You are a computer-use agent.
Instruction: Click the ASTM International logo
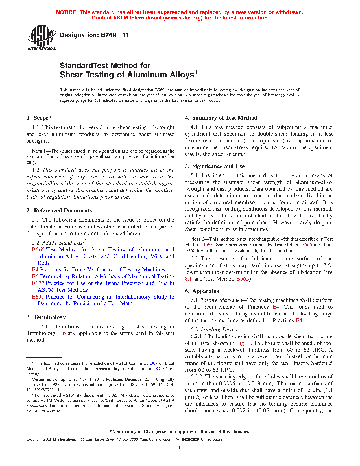pyautogui.click(x=42, y=38)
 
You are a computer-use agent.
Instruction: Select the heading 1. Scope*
pyautogui.click(x=39, y=118)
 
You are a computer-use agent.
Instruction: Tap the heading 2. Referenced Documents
pyautogui.click(x=59, y=211)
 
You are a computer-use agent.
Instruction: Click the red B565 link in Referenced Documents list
pyautogui.click(x=38, y=250)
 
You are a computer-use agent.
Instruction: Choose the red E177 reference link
pyautogui.click(x=38, y=283)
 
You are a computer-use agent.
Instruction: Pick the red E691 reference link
pyautogui.click(x=38, y=297)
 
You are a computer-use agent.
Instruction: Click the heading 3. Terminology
pyautogui.click(x=46, y=317)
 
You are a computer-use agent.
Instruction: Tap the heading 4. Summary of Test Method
pyautogui.click(x=221, y=118)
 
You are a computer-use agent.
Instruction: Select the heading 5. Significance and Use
pyautogui.click(x=215, y=166)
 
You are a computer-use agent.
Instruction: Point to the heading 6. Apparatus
pyautogui.click(x=202, y=291)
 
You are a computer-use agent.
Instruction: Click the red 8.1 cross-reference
pyautogui.click(x=188, y=279)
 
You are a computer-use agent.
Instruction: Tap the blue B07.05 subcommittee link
pyautogui.click(x=162, y=369)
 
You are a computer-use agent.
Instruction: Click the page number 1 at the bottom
pyautogui.click(x=180, y=448)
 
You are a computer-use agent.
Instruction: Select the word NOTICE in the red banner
pyautogui.click(x=67, y=12)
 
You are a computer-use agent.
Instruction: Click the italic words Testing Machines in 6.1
pyautogui.click(x=221, y=300)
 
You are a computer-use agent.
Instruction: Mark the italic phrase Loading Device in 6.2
pyautogui.click(x=220, y=330)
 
